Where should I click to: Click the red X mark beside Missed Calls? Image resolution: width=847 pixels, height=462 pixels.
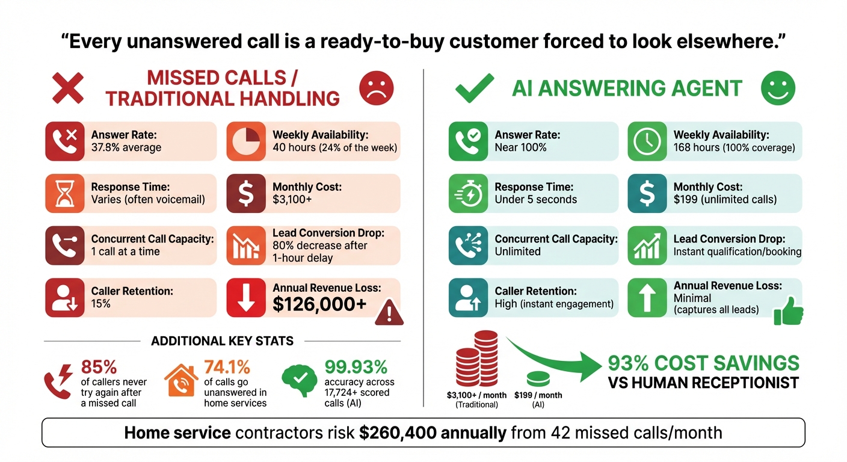pyautogui.click(x=67, y=88)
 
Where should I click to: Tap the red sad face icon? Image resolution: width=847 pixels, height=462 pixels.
pyautogui.click(x=376, y=88)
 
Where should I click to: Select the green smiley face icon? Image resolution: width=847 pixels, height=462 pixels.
pyautogui.click(x=778, y=88)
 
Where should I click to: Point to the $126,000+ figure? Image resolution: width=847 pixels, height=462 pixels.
pyautogui.click(x=319, y=304)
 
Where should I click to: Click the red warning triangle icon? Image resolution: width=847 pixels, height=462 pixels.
pyautogui.click(x=389, y=312)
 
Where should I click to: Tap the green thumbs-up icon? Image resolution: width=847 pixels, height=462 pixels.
pyautogui.click(x=789, y=311)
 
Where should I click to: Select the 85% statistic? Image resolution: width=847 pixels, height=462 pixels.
pyautogui.click(x=99, y=367)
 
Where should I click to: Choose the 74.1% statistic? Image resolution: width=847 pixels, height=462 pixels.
pyautogui.click(x=227, y=367)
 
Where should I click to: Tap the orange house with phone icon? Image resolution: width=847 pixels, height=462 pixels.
pyautogui.click(x=181, y=380)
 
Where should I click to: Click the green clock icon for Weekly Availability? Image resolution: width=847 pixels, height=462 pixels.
pyautogui.click(x=647, y=141)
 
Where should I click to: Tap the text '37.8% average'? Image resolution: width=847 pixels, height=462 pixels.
pyautogui.click(x=126, y=147)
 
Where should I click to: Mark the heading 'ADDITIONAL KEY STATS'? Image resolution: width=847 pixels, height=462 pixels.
pyautogui.click(x=222, y=341)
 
